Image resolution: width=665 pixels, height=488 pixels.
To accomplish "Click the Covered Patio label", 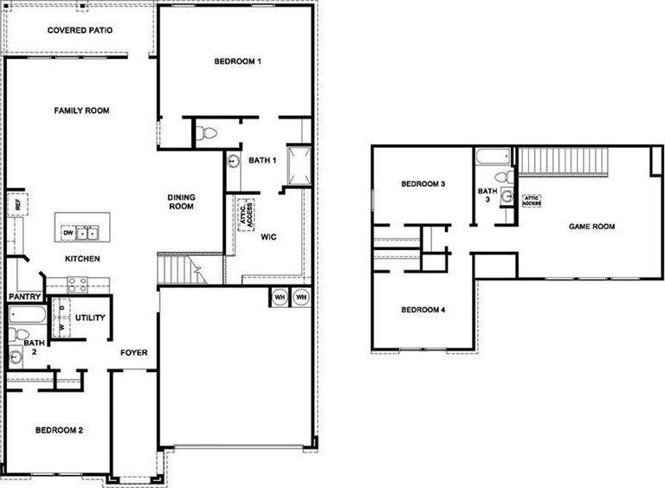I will tap(81, 30).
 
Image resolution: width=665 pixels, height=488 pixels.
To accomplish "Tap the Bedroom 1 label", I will tap(237, 61).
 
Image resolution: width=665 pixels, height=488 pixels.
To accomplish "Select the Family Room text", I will tap(81, 111).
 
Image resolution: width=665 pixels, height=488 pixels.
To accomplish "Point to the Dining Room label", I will tap(181, 202).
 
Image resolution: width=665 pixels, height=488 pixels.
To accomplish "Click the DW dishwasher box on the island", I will tap(68, 233).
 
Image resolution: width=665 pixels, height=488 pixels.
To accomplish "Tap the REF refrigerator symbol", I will tap(15, 205).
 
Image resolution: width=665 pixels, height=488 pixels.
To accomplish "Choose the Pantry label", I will tap(22, 296).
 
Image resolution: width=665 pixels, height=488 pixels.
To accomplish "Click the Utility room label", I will tap(90, 318).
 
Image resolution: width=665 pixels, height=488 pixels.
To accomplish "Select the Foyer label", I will tap(133, 352).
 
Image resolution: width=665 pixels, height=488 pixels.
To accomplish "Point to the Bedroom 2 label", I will tap(59, 430).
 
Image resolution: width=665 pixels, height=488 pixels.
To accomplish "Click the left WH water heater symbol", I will tap(280, 297).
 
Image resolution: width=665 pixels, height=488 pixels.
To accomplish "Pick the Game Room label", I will tap(591, 226).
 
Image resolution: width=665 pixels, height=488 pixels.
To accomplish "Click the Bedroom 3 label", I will tap(424, 184).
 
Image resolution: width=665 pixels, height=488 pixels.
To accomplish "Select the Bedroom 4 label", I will tap(423, 310).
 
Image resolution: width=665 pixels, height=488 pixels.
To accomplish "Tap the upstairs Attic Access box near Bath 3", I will tap(532, 200).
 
